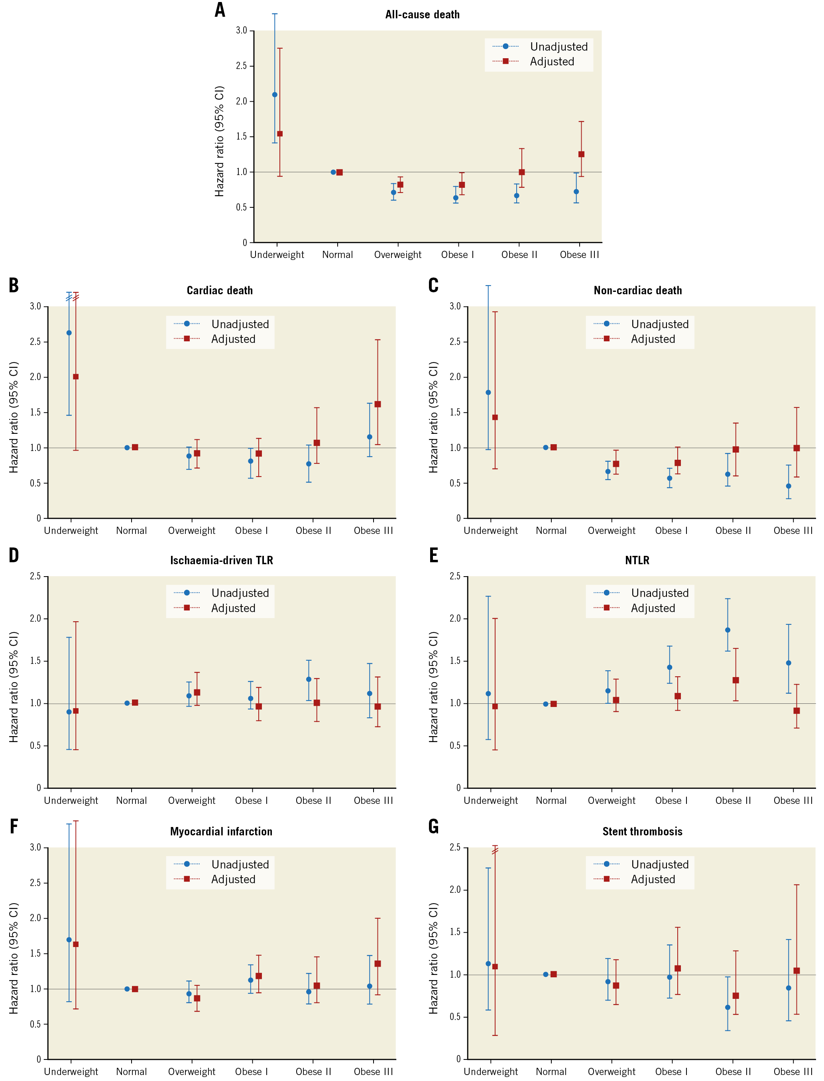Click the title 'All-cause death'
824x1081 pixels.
[x=422, y=15]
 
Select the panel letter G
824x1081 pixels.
[x=434, y=827]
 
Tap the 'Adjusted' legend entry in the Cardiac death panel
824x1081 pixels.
[x=233, y=339]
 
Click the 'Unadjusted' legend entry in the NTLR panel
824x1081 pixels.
[x=660, y=593]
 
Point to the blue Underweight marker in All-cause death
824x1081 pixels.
[x=275, y=95]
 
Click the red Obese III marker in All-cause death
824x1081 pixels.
[x=581, y=154]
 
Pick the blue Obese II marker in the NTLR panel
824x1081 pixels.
[x=728, y=630]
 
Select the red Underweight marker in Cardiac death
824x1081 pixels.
[x=75, y=377]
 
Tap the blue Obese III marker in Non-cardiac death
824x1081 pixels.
[x=789, y=486]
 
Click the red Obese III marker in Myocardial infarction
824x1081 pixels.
[x=378, y=964]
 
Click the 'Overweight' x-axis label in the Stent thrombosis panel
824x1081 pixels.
[x=612, y=1072]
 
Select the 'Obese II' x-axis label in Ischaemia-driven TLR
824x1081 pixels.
[x=313, y=800]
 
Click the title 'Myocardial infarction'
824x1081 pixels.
[x=221, y=831]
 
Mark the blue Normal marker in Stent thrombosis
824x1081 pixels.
[x=546, y=975]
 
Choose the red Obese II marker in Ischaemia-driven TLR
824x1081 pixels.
[x=317, y=703]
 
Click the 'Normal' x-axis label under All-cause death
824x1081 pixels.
[x=337, y=254]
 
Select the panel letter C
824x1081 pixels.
[x=434, y=286]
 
